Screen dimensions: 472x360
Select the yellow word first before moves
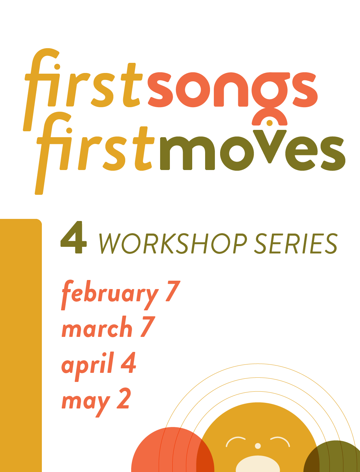pyautogui.click(x=96, y=150)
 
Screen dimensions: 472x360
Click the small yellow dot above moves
pyautogui.click(x=269, y=123)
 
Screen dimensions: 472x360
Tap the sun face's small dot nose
pyautogui.click(x=258, y=446)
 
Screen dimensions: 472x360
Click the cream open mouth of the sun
pyautogui.click(x=258, y=464)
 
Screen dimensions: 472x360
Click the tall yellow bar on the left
pyautogui.click(x=20, y=346)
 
